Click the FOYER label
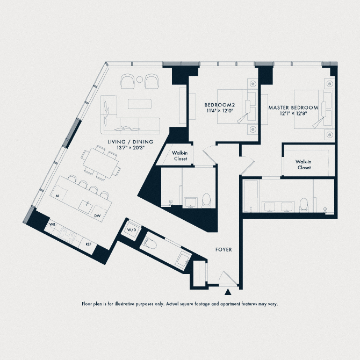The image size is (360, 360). click(x=224, y=250)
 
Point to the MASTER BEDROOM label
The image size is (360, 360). click(x=293, y=107)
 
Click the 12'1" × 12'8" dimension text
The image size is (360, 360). click(x=293, y=114)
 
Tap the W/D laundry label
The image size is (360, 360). click(x=131, y=230)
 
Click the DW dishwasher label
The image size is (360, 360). click(x=98, y=216)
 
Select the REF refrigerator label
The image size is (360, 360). click(x=88, y=244)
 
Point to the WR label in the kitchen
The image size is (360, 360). click(x=53, y=223)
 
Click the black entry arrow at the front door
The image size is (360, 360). click(x=228, y=292)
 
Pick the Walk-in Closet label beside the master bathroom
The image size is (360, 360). click(x=304, y=164)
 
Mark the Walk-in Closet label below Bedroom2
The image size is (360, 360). click(x=179, y=156)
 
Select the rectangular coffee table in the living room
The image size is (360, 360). click(x=139, y=102)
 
